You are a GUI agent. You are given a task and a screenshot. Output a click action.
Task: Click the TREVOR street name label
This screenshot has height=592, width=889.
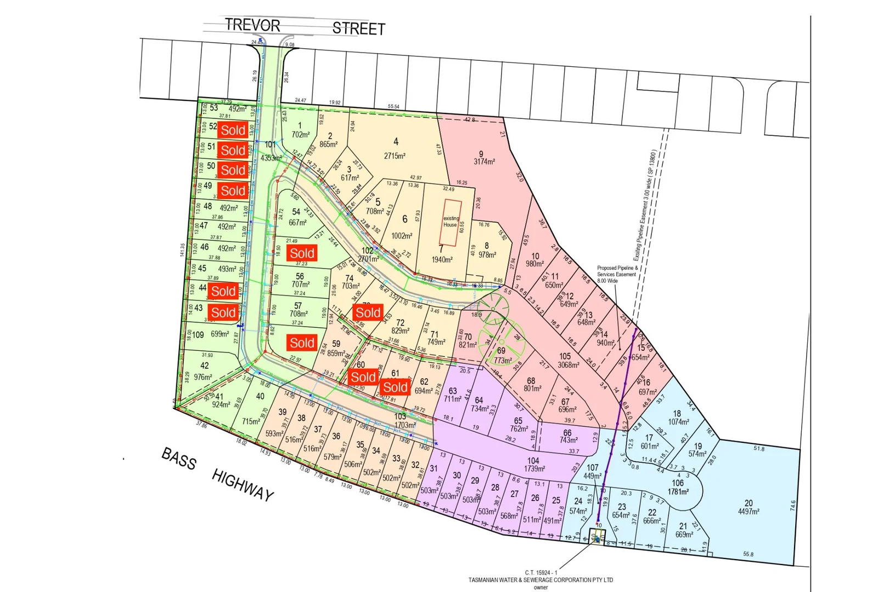tap(252, 25)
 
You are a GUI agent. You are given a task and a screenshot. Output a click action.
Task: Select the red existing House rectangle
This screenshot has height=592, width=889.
tap(450, 223)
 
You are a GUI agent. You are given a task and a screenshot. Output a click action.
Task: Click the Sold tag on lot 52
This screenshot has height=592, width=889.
tap(233, 130)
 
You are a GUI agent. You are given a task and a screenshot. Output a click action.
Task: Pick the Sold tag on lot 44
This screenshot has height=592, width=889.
tap(223, 292)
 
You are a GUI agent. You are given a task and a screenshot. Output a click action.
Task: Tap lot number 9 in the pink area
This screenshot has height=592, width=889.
tap(481, 155)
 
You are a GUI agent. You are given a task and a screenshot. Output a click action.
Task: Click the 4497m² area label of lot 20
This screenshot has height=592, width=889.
tap(749, 511)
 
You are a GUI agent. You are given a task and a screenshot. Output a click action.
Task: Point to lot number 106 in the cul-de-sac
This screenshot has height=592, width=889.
tap(678, 483)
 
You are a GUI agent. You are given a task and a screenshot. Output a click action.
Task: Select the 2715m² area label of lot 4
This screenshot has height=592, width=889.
tap(395, 156)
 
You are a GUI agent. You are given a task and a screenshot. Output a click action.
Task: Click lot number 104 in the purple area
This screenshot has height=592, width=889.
tap(533, 461)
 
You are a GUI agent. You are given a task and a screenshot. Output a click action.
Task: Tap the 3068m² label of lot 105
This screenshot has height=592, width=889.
tap(568, 365)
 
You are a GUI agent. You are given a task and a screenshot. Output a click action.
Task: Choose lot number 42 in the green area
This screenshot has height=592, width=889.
tap(204, 366)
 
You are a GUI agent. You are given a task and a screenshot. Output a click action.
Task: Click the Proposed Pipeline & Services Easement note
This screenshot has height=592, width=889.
tap(617, 274)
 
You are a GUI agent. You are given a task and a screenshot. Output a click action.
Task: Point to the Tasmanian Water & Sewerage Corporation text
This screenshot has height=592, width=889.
tap(541, 580)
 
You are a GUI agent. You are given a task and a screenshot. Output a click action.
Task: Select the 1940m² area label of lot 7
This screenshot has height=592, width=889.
tap(442, 260)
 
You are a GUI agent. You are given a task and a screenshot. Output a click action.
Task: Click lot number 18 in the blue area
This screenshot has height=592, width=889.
tap(677, 414)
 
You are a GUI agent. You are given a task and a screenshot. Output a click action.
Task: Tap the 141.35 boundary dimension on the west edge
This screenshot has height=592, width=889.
tap(182, 250)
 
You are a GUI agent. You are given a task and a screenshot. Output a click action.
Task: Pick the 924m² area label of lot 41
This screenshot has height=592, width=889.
tap(221, 405)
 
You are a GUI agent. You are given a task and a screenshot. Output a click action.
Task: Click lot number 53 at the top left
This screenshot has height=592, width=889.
tap(214, 108)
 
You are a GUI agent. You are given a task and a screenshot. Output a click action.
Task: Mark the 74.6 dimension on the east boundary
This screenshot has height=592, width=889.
tap(792, 505)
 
